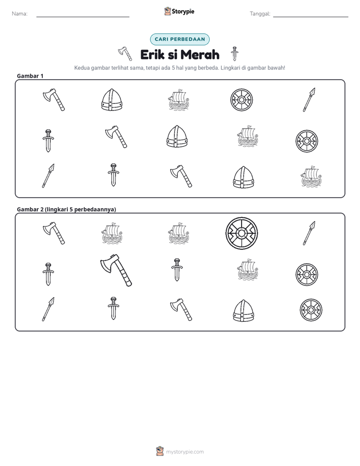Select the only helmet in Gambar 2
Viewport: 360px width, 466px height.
click(244, 311)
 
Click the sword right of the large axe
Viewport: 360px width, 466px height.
click(177, 269)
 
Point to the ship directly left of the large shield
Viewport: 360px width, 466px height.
click(178, 233)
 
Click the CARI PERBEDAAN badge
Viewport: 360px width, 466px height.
click(179, 39)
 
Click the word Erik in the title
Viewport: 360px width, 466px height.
click(152, 54)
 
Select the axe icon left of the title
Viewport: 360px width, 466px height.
click(125, 53)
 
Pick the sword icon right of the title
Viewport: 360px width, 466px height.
click(234, 53)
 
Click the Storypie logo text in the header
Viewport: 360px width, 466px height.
click(183, 12)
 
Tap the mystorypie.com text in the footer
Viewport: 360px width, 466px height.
click(185, 452)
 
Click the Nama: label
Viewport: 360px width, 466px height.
click(20, 14)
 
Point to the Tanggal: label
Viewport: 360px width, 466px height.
click(260, 14)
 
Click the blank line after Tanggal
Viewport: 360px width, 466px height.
click(311, 17)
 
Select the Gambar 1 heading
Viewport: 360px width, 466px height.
click(30, 76)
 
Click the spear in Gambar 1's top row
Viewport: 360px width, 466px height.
click(309, 100)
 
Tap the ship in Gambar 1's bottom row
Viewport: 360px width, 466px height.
click(311, 177)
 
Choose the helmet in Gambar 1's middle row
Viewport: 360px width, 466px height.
click(177, 136)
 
